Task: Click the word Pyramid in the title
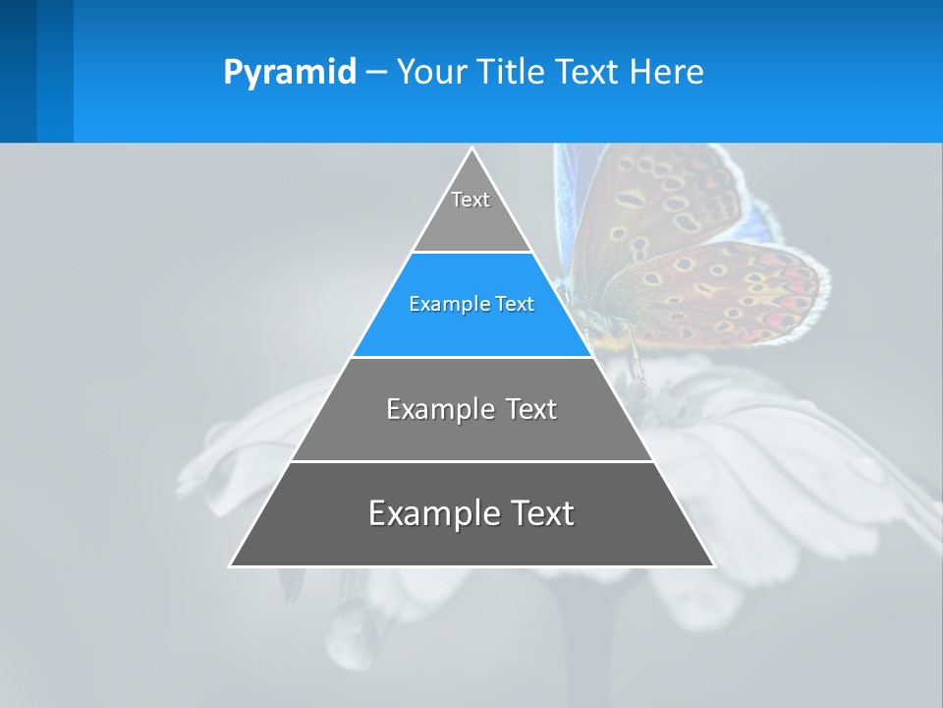[x=289, y=73]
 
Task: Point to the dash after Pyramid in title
[x=376, y=73]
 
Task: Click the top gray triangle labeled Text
[x=471, y=211]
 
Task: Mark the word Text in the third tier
[x=531, y=410]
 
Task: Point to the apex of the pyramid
[x=471, y=149]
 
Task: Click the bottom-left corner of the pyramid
[x=231, y=564]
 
